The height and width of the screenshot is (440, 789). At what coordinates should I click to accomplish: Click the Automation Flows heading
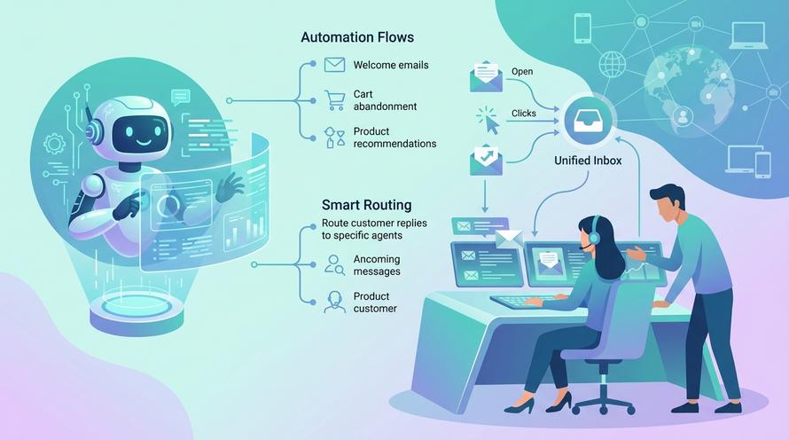[357, 37]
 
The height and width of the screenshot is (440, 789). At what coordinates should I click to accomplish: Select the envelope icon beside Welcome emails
[334, 65]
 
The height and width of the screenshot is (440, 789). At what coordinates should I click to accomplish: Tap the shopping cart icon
[334, 100]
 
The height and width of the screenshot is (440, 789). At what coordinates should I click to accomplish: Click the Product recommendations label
[394, 137]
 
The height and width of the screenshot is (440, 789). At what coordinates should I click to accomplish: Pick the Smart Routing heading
[366, 205]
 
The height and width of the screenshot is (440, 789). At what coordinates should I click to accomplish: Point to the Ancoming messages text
[377, 265]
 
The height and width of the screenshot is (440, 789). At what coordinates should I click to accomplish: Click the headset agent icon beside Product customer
[334, 302]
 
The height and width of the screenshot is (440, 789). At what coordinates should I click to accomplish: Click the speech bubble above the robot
[181, 96]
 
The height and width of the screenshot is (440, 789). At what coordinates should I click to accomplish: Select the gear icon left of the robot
[54, 144]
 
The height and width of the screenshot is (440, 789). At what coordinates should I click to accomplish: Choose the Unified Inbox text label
[588, 161]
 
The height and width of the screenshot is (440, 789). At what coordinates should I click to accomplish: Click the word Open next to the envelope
[522, 72]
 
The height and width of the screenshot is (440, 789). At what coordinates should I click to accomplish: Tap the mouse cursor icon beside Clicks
[488, 121]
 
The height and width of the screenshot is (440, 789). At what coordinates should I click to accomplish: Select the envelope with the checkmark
[486, 160]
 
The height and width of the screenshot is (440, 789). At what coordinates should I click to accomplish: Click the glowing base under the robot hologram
[136, 309]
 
